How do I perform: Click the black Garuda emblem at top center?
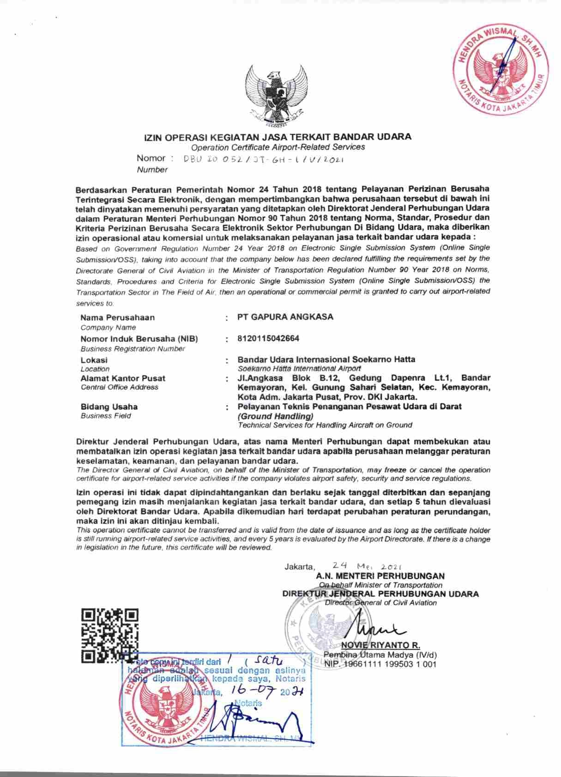276,95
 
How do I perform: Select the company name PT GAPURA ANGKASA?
285,317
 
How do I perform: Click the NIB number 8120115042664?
268,338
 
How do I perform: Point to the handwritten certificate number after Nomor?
264,159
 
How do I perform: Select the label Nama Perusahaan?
117,317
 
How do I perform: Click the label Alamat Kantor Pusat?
123,378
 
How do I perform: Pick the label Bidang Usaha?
109,407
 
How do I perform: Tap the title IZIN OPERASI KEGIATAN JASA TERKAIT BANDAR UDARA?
277,137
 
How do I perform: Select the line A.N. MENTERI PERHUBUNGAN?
380,576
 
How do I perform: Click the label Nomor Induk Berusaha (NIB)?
139,339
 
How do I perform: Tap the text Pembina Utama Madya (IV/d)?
380,655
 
